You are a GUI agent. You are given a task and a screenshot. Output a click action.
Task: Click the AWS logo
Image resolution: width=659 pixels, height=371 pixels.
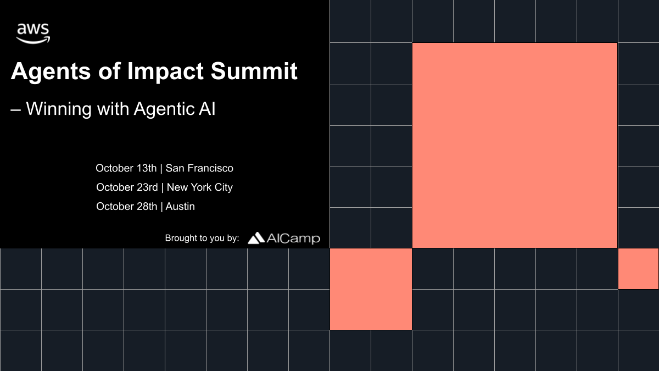[x=33, y=34]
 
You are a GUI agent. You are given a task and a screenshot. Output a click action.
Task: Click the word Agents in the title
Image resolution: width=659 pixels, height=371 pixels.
[x=51, y=71]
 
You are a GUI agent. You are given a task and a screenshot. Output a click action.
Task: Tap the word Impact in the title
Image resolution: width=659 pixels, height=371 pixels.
[x=165, y=71]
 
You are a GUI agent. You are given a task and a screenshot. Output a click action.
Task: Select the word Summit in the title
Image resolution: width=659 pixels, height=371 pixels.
[x=254, y=71]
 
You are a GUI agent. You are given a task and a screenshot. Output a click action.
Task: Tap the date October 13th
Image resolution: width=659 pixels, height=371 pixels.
[x=126, y=168]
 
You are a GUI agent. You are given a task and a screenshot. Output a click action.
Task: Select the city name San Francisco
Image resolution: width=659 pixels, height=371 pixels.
[x=199, y=168]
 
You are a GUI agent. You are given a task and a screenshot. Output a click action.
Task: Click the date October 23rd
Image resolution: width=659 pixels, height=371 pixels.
[x=127, y=187]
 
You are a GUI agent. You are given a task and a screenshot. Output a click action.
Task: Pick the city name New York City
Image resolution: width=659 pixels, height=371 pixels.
[x=200, y=187]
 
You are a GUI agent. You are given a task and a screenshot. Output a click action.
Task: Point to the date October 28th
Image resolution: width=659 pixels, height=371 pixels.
[x=127, y=207]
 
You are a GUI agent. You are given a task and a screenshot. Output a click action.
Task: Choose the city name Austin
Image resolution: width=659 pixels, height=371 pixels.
[x=180, y=207]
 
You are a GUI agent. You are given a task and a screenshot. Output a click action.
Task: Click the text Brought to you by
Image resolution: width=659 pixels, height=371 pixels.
[x=202, y=238]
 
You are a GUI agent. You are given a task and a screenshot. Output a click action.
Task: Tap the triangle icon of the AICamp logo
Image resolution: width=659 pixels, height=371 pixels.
[x=256, y=238]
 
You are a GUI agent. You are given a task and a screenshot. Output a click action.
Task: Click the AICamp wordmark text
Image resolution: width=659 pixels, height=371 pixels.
[x=293, y=239]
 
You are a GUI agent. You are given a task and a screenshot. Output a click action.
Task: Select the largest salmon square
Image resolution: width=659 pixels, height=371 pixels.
[x=515, y=146]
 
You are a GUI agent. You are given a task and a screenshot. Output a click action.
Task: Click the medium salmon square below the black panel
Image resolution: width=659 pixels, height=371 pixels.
[x=371, y=289]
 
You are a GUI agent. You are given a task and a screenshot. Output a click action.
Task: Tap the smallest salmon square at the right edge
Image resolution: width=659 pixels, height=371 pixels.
[x=638, y=269]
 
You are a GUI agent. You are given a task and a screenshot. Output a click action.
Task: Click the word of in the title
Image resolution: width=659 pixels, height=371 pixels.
[x=109, y=71]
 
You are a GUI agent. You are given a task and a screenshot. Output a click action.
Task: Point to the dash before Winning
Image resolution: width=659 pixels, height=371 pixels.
[x=15, y=110]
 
